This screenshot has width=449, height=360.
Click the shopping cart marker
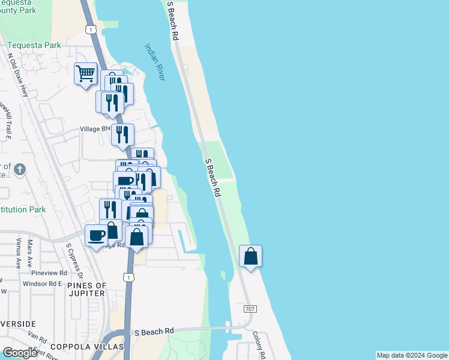(85, 74)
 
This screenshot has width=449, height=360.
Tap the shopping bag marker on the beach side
(250, 256)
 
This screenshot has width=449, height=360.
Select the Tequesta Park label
(35, 45)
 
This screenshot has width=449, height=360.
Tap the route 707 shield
(251, 308)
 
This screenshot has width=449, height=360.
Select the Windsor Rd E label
(43, 284)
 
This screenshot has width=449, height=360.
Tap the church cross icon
(20, 169)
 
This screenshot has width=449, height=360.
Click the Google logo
(20, 353)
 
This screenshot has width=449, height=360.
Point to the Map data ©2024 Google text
(412, 355)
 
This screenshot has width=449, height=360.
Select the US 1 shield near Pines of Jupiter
(128, 277)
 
